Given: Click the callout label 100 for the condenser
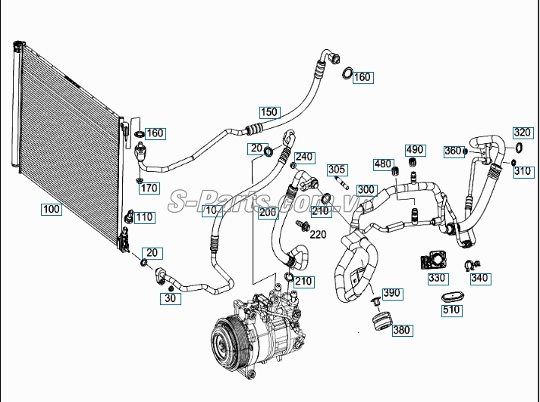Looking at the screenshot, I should tap(52, 209).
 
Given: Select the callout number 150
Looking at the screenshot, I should tap(269, 113).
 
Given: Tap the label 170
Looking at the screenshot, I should tap(149, 188).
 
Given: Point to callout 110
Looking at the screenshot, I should tap(144, 217).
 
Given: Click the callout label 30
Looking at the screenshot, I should tap(171, 299).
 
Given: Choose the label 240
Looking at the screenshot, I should tap(304, 157).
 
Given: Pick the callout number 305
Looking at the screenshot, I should tap(337, 169).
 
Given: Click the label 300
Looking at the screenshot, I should tap(366, 189).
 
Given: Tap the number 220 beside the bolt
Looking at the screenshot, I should tap(318, 235).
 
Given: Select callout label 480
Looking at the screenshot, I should tap(383, 164).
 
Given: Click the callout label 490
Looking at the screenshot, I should tap(414, 150).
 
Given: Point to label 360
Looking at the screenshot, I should tap(452, 151).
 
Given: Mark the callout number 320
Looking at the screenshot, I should tap(522, 132).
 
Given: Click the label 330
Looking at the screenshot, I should tap(437, 278).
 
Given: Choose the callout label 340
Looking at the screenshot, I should tap(479, 278).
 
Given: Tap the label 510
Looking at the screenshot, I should tap(451, 310).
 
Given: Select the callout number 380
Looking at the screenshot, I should tap(402, 329).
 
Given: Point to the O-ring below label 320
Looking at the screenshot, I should tap(520, 148).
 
